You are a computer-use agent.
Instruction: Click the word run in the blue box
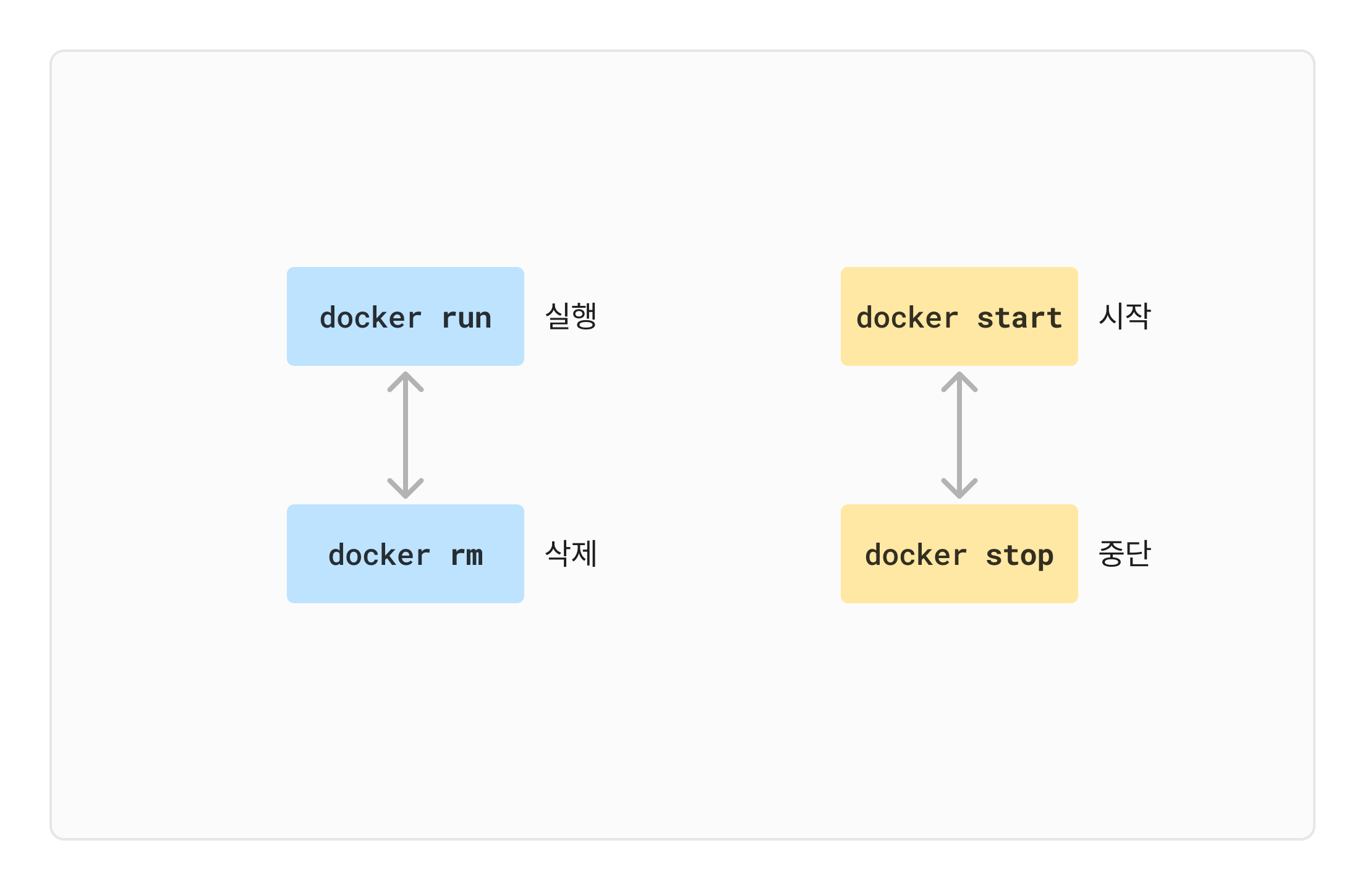(x=466, y=318)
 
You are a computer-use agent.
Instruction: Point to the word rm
(x=466, y=556)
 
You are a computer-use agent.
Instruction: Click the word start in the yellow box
(x=1019, y=318)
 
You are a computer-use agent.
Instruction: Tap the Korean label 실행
(x=571, y=316)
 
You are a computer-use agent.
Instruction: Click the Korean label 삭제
(x=571, y=554)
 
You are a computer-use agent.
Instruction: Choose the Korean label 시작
(x=1124, y=316)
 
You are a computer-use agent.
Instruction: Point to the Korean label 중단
(x=1124, y=554)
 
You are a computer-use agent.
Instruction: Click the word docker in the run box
(x=370, y=318)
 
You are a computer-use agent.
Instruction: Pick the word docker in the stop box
(x=916, y=556)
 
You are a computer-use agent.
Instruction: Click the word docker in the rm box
(x=379, y=556)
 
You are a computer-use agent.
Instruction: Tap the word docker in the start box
(x=907, y=318)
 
